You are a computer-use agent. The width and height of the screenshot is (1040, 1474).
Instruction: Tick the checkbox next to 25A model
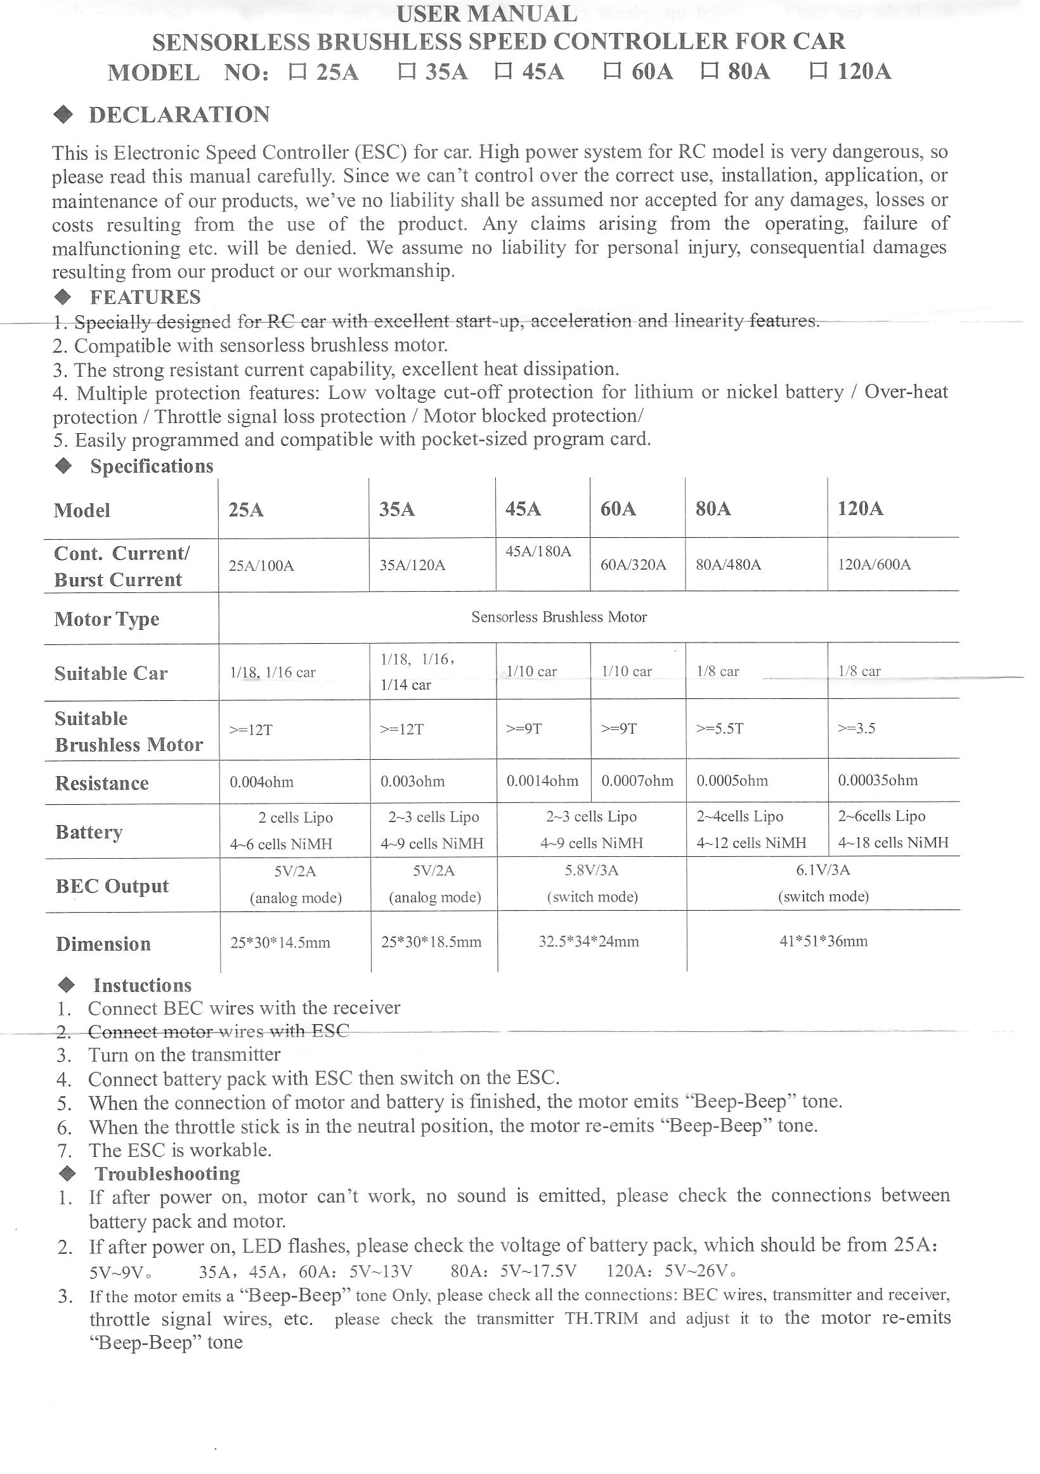(297, 71)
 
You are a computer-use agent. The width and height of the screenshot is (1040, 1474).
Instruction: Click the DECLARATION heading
(179, 115)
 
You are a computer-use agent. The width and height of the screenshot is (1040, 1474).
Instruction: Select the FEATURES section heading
(145, 297)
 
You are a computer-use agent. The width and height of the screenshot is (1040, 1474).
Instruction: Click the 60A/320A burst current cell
(633, 565)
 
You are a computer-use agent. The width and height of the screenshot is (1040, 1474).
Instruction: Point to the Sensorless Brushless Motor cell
(559, 618)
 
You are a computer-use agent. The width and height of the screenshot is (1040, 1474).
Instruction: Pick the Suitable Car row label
(111, 674)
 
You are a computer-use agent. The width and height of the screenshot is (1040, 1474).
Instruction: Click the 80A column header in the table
(713, 509)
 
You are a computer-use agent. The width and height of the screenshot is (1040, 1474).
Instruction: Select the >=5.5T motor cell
(720, 729)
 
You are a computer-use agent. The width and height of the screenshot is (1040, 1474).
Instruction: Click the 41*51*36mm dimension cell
(823, 942)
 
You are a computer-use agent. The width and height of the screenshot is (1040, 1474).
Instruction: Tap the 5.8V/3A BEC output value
(591, 871)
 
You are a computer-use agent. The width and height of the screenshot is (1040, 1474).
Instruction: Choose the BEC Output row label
(112, 887)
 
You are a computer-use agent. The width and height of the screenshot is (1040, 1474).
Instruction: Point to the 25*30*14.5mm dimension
(280, 942)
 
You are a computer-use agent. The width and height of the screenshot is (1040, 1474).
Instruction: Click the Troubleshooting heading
(167, 1174)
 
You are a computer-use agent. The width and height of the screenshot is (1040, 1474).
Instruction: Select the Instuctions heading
(143, 986)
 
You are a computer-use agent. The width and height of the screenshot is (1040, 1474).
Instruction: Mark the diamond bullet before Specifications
(63, 466)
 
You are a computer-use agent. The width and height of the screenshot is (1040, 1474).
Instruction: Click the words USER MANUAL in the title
(486, 13)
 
